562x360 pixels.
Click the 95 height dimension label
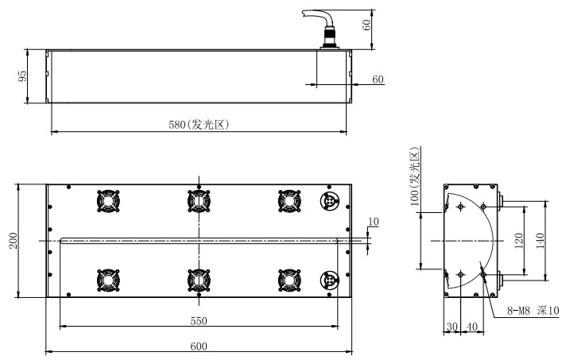[23, 75]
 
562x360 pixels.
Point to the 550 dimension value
[199, 320]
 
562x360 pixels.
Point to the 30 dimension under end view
[452, 327]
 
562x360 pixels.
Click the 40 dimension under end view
[471, 327]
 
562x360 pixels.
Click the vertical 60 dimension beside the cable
[367, 24]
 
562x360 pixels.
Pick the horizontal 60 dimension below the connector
[378, 79]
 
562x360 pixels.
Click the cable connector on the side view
[328, 40]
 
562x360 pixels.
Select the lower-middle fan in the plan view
[197, 280]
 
